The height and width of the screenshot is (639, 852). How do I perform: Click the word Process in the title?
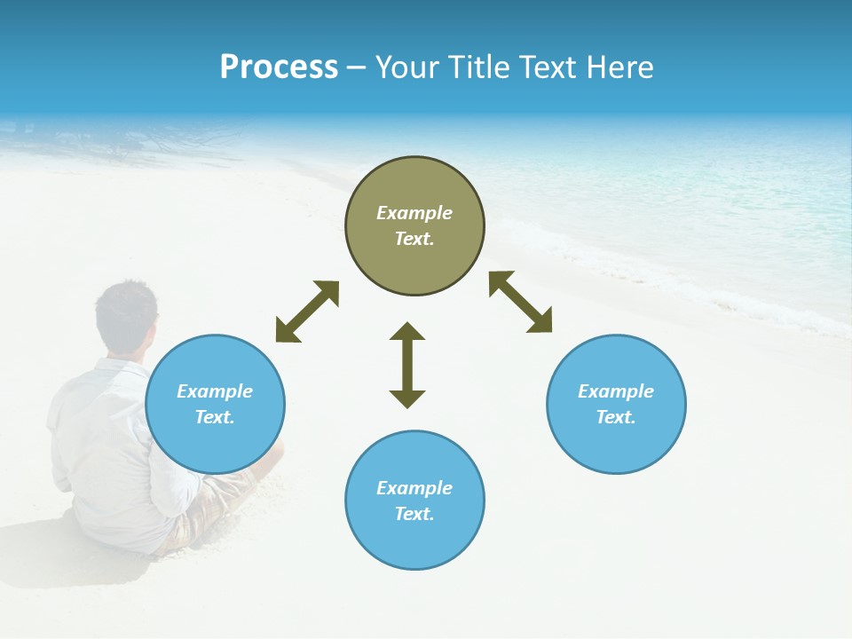(x=279, y=67)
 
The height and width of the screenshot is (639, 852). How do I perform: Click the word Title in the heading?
(x=477, y=67)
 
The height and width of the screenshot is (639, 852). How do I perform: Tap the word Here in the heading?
(x=619, y=67)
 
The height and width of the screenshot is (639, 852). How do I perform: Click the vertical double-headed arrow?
(x=407, y=365)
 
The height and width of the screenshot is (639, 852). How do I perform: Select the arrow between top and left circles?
(x=307, y=312)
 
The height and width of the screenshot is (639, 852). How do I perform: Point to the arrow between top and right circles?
(x=520, y=302)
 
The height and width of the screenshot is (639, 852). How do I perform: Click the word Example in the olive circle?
(x=414, y=213)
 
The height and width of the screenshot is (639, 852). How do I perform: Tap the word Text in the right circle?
(x=616, y=417)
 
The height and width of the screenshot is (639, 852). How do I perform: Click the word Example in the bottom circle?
(x=414, y=488)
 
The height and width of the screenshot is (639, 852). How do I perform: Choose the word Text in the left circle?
(x=215, y=417)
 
